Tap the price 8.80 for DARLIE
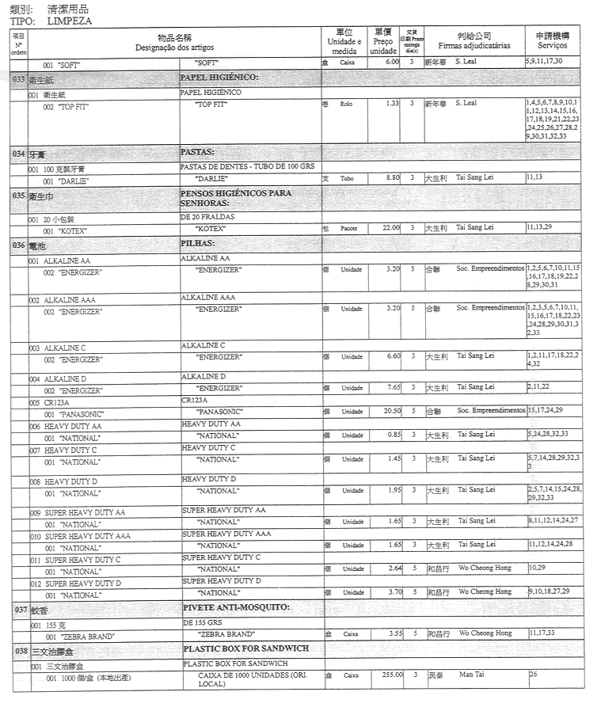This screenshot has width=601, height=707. [x=390, y=179]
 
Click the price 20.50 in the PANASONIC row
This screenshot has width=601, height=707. [x=389, y=411]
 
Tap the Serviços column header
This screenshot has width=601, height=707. [x=552, y=46]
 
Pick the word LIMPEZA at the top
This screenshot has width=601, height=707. [x=69, y=21]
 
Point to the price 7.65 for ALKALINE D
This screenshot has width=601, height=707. [x=390, y=387]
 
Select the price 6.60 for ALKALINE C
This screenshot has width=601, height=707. [x=390, y=356]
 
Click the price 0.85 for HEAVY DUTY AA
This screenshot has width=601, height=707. [x=390, y=435]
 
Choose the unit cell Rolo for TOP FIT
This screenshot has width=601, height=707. [x=346, y=104]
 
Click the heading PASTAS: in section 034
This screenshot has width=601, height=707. [x=197, y=150]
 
